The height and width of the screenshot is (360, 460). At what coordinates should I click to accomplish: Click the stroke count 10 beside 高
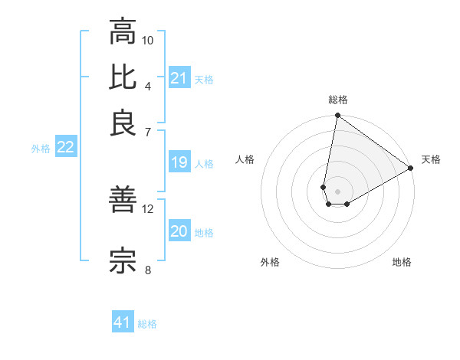[148, 40]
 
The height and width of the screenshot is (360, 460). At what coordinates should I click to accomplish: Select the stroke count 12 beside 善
[148, 208]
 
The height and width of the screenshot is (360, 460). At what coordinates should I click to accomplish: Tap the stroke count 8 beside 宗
[148, 269]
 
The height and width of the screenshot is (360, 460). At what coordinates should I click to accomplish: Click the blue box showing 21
[179, 78]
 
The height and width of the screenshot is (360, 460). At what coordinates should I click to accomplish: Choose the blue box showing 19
[179, 162]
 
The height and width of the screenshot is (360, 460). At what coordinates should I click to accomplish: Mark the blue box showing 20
[179, 232]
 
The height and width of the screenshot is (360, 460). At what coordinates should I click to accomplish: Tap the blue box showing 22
[65, 148]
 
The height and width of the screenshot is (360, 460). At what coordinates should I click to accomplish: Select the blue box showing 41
[123, 323]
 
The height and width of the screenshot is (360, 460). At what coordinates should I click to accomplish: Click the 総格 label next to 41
[147, 324]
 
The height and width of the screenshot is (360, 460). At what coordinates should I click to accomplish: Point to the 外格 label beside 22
[41, 149]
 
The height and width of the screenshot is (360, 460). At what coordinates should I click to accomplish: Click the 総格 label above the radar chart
[337, 100]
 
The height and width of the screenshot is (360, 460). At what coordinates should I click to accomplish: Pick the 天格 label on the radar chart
[431, 159]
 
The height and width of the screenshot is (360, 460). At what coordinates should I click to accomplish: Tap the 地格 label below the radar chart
[402, 263]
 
